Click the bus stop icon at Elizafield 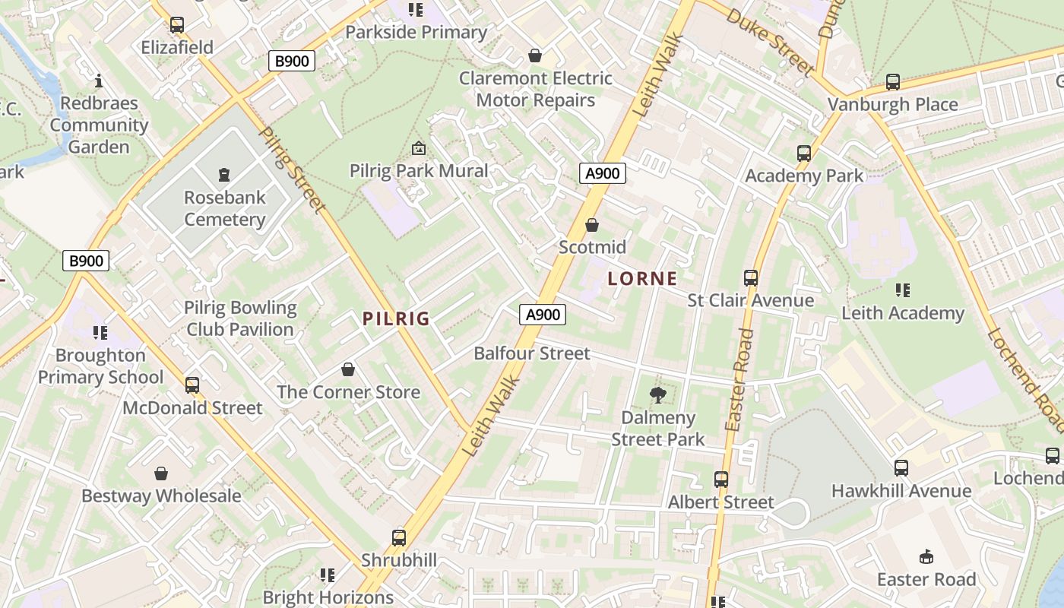tap(177, 25)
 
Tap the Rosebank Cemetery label tap(225, 208)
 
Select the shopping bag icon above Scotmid tap(592, 225)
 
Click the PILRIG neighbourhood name tap(396, 319)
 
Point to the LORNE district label tap(642, 279)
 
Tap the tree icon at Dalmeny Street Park tap(658, 394)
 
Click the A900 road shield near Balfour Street tap(543, 315)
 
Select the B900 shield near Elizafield tap(292, 61)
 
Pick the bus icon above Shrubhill tap(399, 538)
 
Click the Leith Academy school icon tap(903, 290)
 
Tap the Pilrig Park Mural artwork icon tap(419, 148)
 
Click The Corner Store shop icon tap(348, 369)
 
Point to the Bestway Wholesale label tap(161, 496)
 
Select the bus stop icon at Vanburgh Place tap(893, 81)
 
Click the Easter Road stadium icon tap(926, 557)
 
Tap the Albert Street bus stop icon tap(721, 480)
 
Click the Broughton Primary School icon tap(100, 332)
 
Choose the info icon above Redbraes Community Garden tap(99, 80)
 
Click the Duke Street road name tap(771, 42)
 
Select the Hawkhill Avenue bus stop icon tap(901, 468)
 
